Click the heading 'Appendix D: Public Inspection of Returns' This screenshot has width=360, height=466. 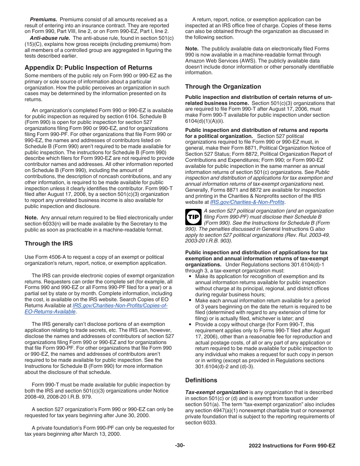point(88,68)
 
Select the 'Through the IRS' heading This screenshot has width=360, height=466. point(49,244)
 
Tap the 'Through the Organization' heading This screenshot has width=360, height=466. point(223,87)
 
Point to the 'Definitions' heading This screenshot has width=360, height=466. point(201,380)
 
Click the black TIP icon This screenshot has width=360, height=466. point(193,217)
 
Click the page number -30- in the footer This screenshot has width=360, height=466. point(180,446)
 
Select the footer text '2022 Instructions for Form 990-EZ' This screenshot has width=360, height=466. point(292,446)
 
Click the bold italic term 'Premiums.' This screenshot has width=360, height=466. point(44,19)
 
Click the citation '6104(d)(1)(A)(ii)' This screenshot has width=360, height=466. point(205,121)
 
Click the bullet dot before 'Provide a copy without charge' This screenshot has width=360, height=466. point(190,325)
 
